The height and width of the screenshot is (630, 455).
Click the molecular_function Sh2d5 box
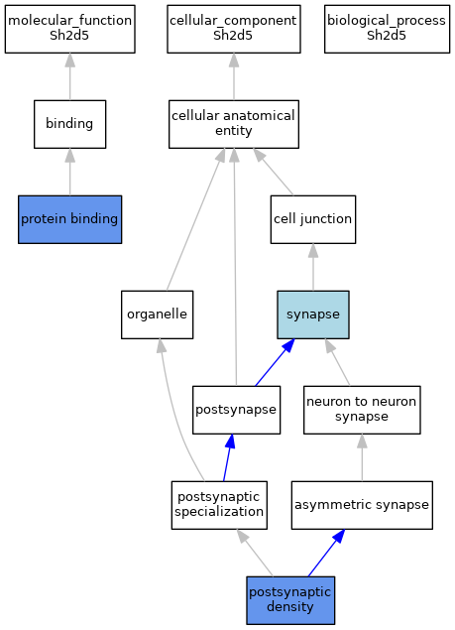point(69,29)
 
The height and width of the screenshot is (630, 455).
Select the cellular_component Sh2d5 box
point(234,29)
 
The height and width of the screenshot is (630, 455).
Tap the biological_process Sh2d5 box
point(388,29)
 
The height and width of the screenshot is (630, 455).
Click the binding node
point(69,124)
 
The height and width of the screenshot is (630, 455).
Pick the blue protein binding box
point(69,219)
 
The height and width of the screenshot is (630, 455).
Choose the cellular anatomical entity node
point(234,124)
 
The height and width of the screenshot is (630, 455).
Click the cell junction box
point(313,219)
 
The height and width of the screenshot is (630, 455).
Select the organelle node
point(157,315)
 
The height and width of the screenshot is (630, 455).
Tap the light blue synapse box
point(313,315)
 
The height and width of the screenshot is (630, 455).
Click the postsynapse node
point(236,410)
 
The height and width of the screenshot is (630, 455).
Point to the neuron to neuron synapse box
point(362,410)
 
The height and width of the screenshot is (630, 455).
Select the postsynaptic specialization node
point(219,505)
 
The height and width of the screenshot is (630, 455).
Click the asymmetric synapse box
point(362,505)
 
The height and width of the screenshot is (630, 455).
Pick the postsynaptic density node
point(290,600)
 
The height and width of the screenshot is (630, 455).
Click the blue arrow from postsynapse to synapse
point(276,362)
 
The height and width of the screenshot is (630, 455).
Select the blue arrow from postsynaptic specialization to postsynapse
point(228,457)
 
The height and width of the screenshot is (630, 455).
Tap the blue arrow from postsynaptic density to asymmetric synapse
point(326,553)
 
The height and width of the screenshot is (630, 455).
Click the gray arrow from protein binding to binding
point(69,172)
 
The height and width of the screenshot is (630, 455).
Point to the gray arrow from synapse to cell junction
point(313,267)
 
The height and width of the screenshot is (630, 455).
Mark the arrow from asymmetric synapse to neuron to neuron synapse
point(362,457)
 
